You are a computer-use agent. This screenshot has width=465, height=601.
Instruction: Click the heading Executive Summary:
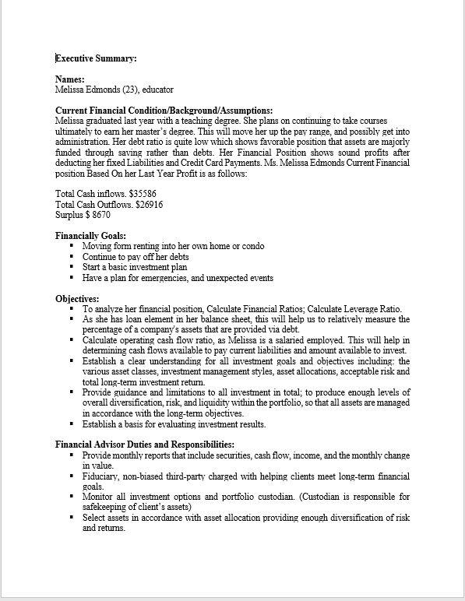click(96, 58)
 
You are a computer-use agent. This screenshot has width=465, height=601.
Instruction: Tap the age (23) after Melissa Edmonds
click(131, 90)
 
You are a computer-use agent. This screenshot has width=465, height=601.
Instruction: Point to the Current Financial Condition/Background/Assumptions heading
click(164, 111)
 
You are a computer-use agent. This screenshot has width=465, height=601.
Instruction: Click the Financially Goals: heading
click(90, 236)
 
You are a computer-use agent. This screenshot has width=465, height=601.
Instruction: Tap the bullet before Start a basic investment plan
click(72, 266)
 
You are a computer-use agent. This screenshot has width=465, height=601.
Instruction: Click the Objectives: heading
click(77, 298)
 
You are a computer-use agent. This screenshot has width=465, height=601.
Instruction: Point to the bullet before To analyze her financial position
click(72, 308)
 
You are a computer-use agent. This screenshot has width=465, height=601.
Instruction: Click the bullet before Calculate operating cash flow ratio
click(72, 339)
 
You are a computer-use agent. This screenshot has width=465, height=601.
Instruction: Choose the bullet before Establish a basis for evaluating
click(72, 424)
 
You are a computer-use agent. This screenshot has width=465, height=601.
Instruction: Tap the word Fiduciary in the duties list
click(102, 475)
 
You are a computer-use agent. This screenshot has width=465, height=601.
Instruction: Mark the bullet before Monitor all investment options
click(72, 496)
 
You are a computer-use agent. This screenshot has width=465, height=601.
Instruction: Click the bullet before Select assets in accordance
click(72, 517)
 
